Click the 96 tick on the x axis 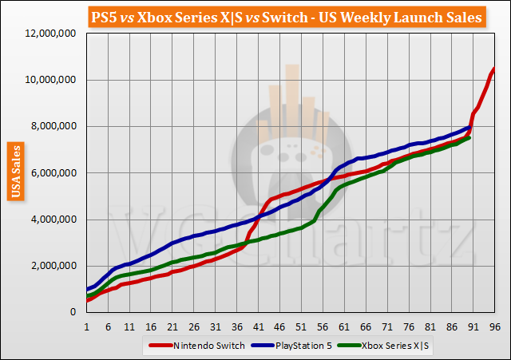point(495,326)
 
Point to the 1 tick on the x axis point(86,326)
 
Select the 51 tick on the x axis point(301,326)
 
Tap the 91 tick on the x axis point(473,326)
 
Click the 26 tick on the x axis point(194,326)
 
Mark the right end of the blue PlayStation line point(469,126)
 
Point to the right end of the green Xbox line point(469,137)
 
